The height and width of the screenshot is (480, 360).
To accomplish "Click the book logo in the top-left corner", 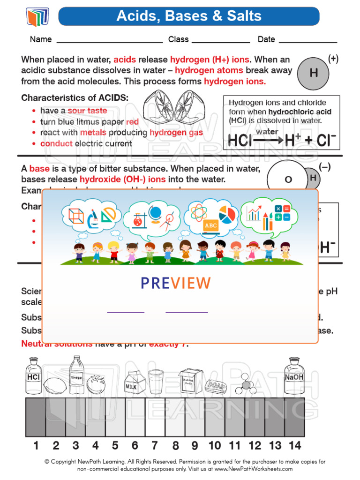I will (37, 17).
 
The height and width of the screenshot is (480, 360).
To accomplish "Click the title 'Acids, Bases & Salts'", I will (189, 16).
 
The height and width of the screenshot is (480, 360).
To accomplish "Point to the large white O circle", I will (288, 180).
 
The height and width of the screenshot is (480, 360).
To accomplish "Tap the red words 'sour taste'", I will (87, 111).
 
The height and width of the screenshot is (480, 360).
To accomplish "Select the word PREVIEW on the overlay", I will (176, 283).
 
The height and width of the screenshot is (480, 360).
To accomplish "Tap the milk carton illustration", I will (131, 382).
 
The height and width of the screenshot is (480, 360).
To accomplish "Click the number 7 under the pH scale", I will (154, 445).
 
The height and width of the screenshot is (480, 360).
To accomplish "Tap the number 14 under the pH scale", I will (295, 445).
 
